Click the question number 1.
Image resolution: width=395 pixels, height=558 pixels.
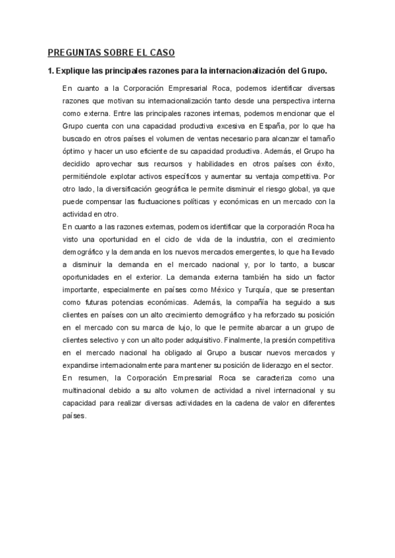coord(49,70)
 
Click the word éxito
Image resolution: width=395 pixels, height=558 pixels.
coord(324,163)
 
